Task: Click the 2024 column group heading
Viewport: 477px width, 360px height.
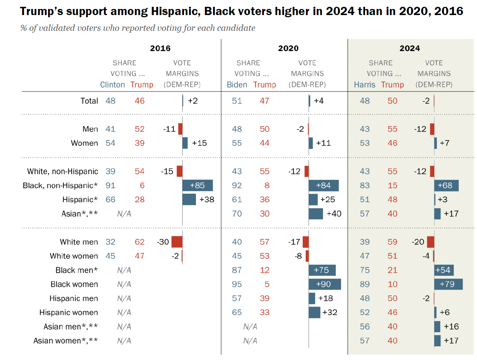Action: (x=410, y=48)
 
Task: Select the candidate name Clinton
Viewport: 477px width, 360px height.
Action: (x=112, y=85)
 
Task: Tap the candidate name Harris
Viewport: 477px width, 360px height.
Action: (x=364, y=85)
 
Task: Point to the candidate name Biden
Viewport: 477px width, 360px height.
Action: (x=237, y=85)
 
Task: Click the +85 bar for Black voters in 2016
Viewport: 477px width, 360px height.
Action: (x=197, y=185)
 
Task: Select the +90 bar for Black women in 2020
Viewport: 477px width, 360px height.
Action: (x=325, y=284)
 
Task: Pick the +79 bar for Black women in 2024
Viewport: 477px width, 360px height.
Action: (x=448, y=284)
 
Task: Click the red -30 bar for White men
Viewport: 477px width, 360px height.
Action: (x=177, y=242)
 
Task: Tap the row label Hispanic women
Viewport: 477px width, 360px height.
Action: (x=69, y=312)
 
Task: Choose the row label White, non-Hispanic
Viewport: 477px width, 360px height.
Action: (x=62, y=171)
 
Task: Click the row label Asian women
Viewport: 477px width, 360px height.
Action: (x=65, y=341)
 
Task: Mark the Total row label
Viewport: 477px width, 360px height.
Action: (x=89, y=101)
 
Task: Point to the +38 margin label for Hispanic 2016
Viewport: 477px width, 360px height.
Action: (x=207, y=199)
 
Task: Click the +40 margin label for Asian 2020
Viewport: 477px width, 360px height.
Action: (x=334, y=214)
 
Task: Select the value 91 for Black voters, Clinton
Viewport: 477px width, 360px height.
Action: (x=110, y=185)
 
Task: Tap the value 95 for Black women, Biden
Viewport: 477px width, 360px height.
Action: (x=237, y=284)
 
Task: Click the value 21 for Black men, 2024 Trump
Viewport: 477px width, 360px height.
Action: (x=392, y=270)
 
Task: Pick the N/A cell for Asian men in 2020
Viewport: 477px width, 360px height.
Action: (x=250, y=327)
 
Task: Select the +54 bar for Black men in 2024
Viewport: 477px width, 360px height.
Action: (x=444, y=270)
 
